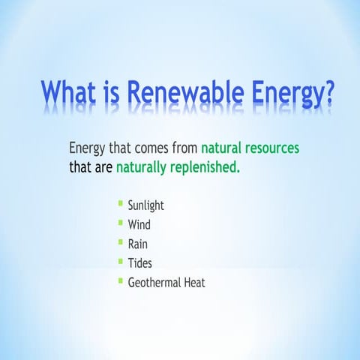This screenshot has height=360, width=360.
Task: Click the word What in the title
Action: click(73, 94)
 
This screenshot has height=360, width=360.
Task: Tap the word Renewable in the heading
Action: click(193, 94)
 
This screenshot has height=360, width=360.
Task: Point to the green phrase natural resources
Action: click(250, 148)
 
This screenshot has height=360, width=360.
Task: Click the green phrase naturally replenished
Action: click(178, 166)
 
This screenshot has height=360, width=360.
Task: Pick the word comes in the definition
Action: click(153, 148)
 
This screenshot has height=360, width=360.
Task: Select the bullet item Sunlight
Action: click(145, 205)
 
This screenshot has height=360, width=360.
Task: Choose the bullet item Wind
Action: click(139, 224)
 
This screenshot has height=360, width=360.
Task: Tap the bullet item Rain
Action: click(138, 244)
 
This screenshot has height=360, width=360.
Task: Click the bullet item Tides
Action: click(140, 263)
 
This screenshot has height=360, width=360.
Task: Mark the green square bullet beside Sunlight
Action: click(120, 203)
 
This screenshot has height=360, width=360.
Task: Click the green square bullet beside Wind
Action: click(120, 223)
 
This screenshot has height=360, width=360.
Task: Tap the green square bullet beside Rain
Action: click(120, 242)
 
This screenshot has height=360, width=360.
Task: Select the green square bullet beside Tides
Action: click(120, 262)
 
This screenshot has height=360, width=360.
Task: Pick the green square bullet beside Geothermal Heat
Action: click(120, 280)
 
